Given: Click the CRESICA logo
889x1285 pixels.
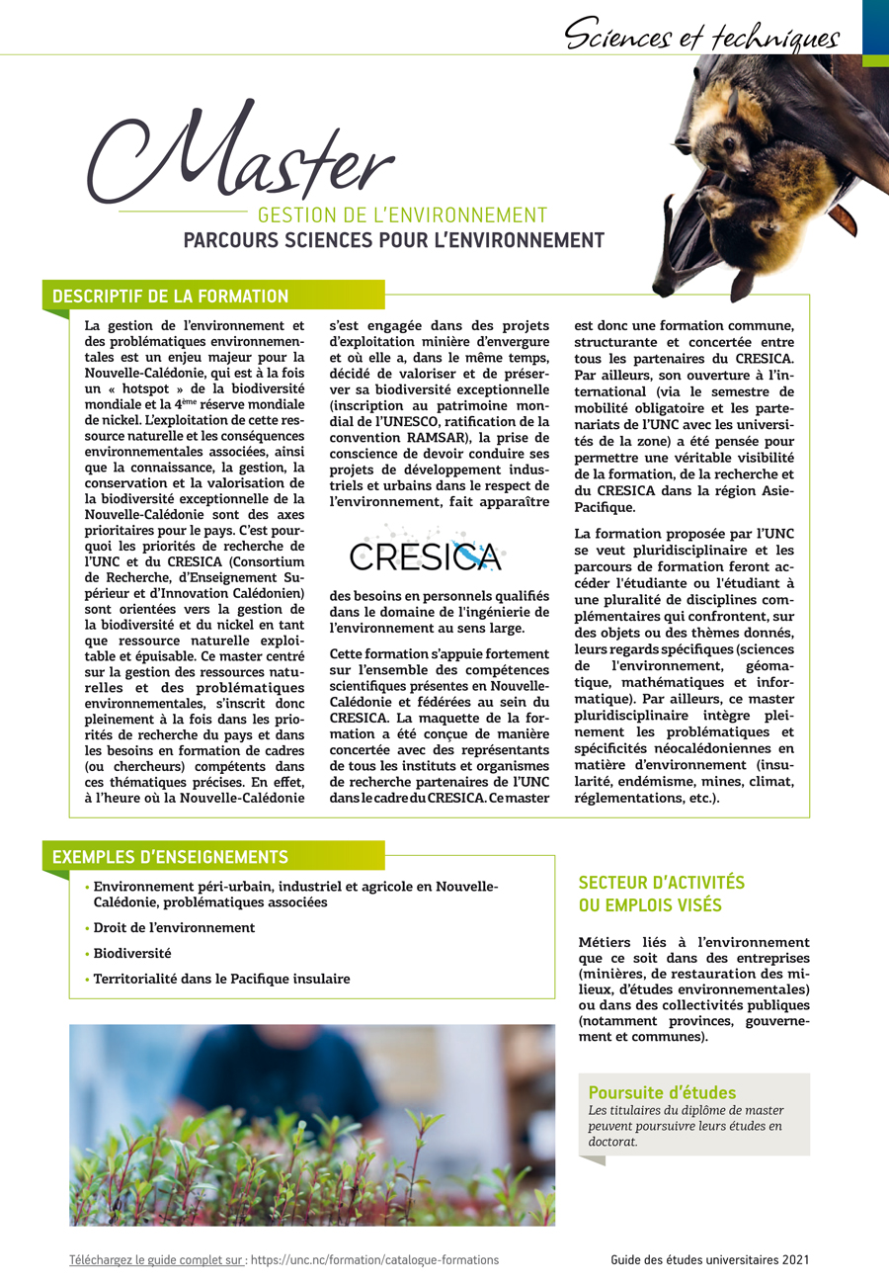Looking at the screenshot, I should coord(428,554).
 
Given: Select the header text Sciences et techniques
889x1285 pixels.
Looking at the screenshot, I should coord(701,37).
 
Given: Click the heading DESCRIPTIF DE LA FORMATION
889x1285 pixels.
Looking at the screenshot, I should coord(170,297).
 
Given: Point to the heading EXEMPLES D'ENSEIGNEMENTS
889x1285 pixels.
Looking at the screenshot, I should coord(170,856).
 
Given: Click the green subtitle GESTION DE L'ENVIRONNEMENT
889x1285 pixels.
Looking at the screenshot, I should coord(402,214).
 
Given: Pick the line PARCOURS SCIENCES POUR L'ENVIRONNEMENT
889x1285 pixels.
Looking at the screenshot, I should coord(393,240).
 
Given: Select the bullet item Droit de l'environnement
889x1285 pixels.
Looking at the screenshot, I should coord(174,928).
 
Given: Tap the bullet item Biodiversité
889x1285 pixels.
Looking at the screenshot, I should coord(132,954).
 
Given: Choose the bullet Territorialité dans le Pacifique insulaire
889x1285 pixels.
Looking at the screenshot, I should coord(221,980).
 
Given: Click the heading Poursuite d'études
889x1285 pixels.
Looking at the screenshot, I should coord(662,1092).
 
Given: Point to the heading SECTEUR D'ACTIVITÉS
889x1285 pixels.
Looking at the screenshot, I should coord(661,882).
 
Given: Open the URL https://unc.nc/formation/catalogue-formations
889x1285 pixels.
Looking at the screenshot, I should coord(374,1260).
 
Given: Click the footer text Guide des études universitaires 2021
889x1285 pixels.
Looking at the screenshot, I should coord(709,1260).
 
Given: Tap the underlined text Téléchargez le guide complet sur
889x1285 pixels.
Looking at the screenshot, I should coord(157,1260).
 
